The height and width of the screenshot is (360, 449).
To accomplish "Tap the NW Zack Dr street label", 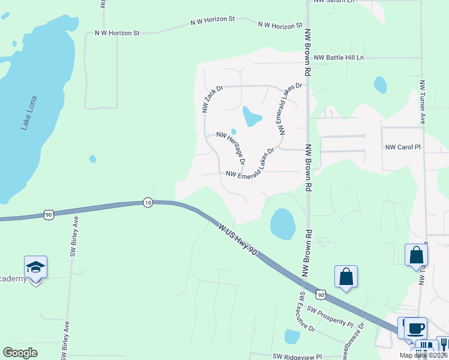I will tap(212, 99).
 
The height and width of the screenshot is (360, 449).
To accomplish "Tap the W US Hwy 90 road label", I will tap(238, 240).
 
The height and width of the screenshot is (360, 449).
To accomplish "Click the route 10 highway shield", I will tap(148, 203).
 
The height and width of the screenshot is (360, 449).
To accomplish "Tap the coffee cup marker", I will tap(415, 328).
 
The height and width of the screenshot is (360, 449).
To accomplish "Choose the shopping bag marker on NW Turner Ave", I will tap(416, 256).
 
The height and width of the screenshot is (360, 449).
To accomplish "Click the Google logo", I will tap(20, 353).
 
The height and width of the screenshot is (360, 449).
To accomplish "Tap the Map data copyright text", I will tap(424, 355).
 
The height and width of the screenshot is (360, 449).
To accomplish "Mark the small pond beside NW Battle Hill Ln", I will tap(380, 85).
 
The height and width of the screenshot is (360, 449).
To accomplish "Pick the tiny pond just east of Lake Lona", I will tap(92, 159).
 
